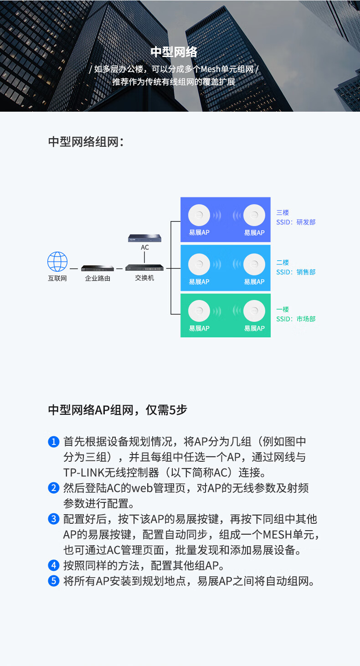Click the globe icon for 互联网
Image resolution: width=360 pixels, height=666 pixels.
coord(57,262)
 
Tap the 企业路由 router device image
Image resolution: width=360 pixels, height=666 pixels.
coord(98,268)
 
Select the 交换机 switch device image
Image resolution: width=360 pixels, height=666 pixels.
coord(144,267)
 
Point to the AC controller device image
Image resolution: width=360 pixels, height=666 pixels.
coord(144,237)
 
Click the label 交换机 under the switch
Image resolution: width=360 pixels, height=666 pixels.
coord(144,278)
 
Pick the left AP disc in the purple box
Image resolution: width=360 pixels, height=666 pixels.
coord(199,215)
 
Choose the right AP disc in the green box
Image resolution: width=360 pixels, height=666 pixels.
coord(254,311)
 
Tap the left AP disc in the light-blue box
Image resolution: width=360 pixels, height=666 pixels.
coord(199,264)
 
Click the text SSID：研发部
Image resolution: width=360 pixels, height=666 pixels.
coord(296,222)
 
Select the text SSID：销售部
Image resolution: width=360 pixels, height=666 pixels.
coord(296,272)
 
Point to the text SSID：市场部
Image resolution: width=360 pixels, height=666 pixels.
coord(296,319)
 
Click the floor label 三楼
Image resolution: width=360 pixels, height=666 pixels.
coord(283,212)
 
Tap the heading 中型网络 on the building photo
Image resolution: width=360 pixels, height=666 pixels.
coord(174,52)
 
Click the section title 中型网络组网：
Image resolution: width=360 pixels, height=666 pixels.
coord(86,142)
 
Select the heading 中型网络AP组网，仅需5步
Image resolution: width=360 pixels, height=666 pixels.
coord(118,410)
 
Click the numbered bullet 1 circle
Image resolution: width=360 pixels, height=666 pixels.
coord(54,442)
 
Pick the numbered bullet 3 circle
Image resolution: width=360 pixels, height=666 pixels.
coord(54,519)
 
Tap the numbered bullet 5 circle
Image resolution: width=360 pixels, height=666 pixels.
coord(54,581)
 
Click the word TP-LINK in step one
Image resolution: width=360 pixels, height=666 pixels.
coord(86,472)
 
